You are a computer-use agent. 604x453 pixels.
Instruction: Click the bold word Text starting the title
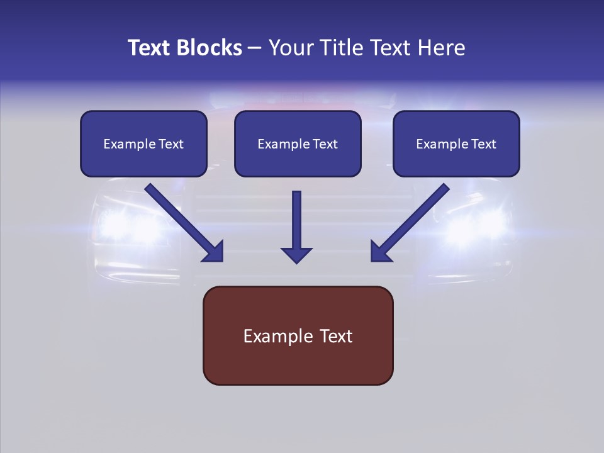150,48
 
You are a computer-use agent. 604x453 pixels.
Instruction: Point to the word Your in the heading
290,48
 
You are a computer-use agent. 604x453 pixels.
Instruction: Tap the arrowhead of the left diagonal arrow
213,250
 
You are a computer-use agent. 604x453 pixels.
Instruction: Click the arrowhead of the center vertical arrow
296,254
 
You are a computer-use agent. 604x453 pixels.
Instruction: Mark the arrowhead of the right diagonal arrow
382,250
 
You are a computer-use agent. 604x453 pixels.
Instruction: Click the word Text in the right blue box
483,144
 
